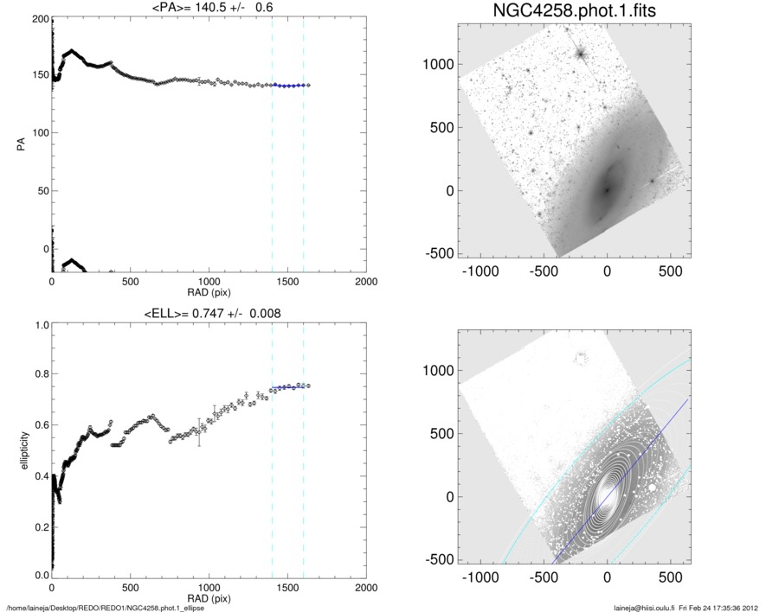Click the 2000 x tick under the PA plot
366,282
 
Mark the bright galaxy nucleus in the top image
607,190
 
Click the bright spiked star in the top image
581,53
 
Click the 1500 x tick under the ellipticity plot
287,588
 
